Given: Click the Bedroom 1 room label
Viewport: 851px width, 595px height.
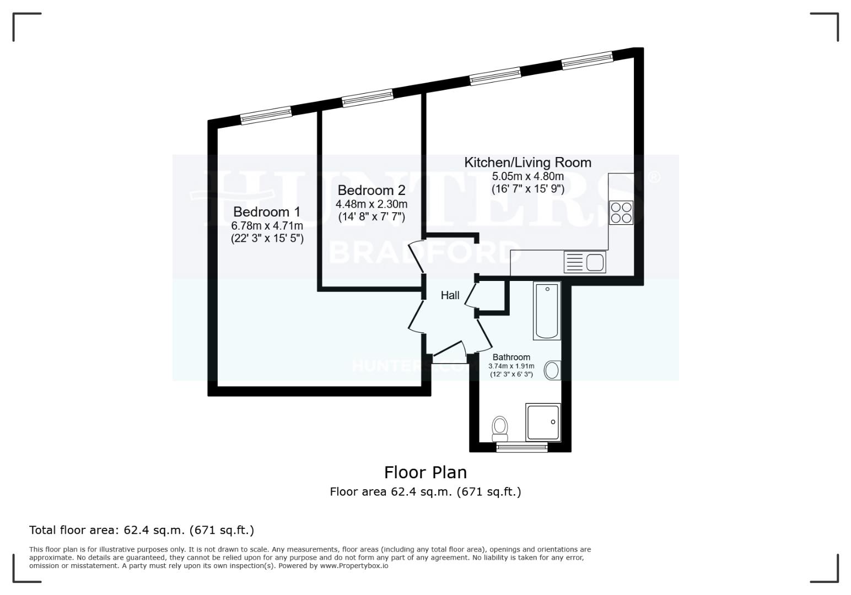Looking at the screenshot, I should click(266, 212).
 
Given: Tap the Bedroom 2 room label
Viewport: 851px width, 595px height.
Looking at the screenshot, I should click(371, 190).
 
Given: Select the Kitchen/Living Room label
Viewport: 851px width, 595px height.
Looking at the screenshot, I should click(527, 163).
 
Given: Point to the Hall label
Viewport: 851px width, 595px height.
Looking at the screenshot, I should click(450, 295).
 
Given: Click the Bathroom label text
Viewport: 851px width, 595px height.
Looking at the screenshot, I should click(511, 357).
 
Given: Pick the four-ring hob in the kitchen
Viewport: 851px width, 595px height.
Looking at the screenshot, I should click(621, 213).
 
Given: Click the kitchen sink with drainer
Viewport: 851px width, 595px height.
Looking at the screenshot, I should click(584, 262).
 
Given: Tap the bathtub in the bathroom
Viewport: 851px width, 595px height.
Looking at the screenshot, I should click(547, 311).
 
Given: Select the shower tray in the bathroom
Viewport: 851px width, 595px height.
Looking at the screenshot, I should click(543, 422).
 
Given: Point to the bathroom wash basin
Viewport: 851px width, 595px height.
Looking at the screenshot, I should click(552, 370).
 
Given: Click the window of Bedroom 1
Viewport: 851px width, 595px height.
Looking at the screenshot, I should click(266, 115).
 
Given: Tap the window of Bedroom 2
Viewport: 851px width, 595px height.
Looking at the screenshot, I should click(368, 98).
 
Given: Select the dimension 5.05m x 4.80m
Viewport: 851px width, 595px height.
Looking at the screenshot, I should click(527, 176).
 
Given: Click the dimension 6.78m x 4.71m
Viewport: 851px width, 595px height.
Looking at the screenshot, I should click(267, 226).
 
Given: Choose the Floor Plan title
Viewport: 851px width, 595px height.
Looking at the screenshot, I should click(425, 472).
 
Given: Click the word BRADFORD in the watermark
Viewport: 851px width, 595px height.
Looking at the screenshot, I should click(424, 253).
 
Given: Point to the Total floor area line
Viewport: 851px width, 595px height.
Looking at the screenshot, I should click(142, 530).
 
